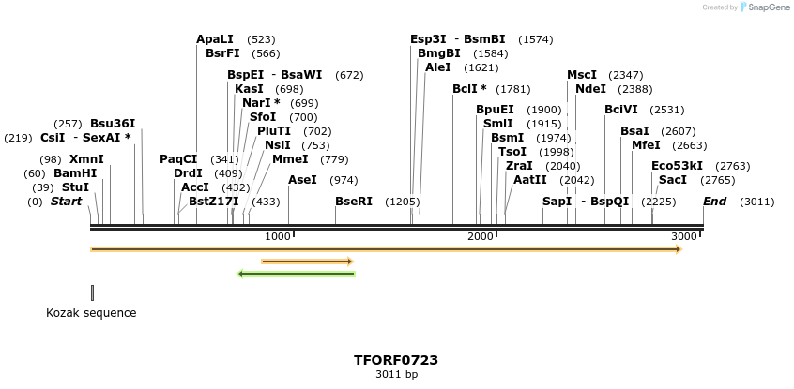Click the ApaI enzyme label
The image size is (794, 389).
point(214,39)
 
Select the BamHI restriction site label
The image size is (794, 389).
point(74,173)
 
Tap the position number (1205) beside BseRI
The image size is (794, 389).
point(403,202)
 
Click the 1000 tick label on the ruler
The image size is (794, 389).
point(277,237)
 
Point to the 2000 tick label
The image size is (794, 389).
point(480,237)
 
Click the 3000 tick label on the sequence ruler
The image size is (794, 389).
point(683,237)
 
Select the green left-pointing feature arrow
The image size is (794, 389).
point(297,274)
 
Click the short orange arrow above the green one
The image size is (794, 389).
point(307,262)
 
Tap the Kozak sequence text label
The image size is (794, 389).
point(91,313)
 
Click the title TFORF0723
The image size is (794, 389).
point(396,360)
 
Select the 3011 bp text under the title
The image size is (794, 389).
point(396,375)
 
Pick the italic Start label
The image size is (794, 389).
point(66,202)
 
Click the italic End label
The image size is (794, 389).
point(714,202)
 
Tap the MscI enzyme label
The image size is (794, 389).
point(582,75)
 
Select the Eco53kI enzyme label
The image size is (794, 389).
point(677,166)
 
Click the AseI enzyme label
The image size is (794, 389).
point(302,180)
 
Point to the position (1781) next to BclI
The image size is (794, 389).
point(513,89)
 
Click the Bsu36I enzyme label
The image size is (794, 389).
point(113,124)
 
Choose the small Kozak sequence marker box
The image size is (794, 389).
point(92,292)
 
